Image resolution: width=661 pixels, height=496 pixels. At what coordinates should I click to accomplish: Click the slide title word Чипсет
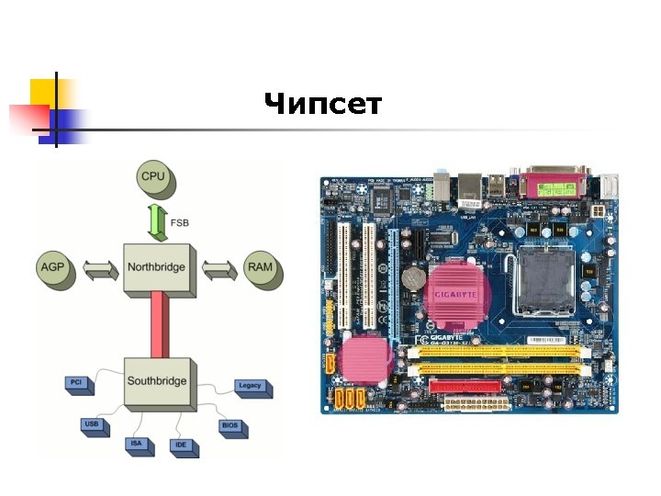pyautogui.click(x=322, y=105)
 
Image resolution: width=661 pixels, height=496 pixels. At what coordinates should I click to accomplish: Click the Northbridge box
pyautogui.click(x=157, y=268)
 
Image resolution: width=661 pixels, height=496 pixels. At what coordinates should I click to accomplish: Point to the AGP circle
pyautogui.click(x=53, y=267)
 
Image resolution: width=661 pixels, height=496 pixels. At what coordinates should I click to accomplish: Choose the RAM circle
pyautogui.click(x=260, y=267)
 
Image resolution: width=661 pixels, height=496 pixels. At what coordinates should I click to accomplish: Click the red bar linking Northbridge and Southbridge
pyautogui.click(x=158, y=325)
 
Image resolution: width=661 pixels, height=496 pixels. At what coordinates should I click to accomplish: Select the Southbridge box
pyautogui.click(x=157, y=381)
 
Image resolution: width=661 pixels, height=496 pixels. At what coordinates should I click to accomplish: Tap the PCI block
pyautogui.click(x=77, y=382)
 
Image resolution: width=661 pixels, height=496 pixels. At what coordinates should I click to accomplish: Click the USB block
pyautogui.click(x=92, y=425)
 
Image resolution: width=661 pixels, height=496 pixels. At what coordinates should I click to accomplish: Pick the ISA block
pyautogui.click(x=136, y=444)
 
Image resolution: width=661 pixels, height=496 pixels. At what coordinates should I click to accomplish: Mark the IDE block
pyautogui.click(x=182, y=445)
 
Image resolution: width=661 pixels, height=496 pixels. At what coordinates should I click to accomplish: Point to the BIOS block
pyautogui.click(x=230, y=426)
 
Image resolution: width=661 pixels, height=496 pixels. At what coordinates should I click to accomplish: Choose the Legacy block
pyautogui.click(x=250, y=387)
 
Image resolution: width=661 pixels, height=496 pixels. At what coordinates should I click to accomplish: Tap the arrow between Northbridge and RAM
pyautogui.click(x=218, y=269)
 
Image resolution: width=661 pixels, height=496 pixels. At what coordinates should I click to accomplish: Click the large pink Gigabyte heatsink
pyautogui.click(x=456, y=291)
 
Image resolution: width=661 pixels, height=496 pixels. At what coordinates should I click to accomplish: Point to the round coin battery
pyautogui.click(x=413, y=276)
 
